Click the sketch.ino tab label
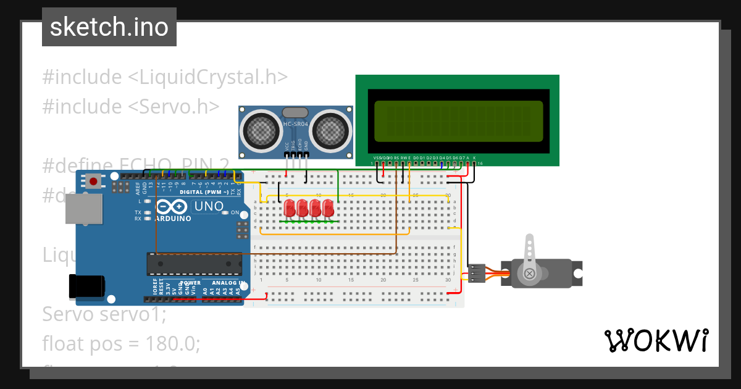tap(109, 27)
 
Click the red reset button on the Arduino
tap(93, 182)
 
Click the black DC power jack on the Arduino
tap(86, 286)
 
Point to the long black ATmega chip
tap(194, 264)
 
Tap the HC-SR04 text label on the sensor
tap(296, 125)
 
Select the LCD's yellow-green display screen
tap(458, 121)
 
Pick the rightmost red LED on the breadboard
tap(327, 207)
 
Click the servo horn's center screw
tap(529, 273)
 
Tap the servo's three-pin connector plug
tap(476, 273)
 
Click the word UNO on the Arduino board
tap(209, 206)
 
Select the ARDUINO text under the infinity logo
tap(173, 218)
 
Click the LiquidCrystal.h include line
tap(165, 77)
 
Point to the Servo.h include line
tap(130, 106)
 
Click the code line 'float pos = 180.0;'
tap(121, 343)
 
